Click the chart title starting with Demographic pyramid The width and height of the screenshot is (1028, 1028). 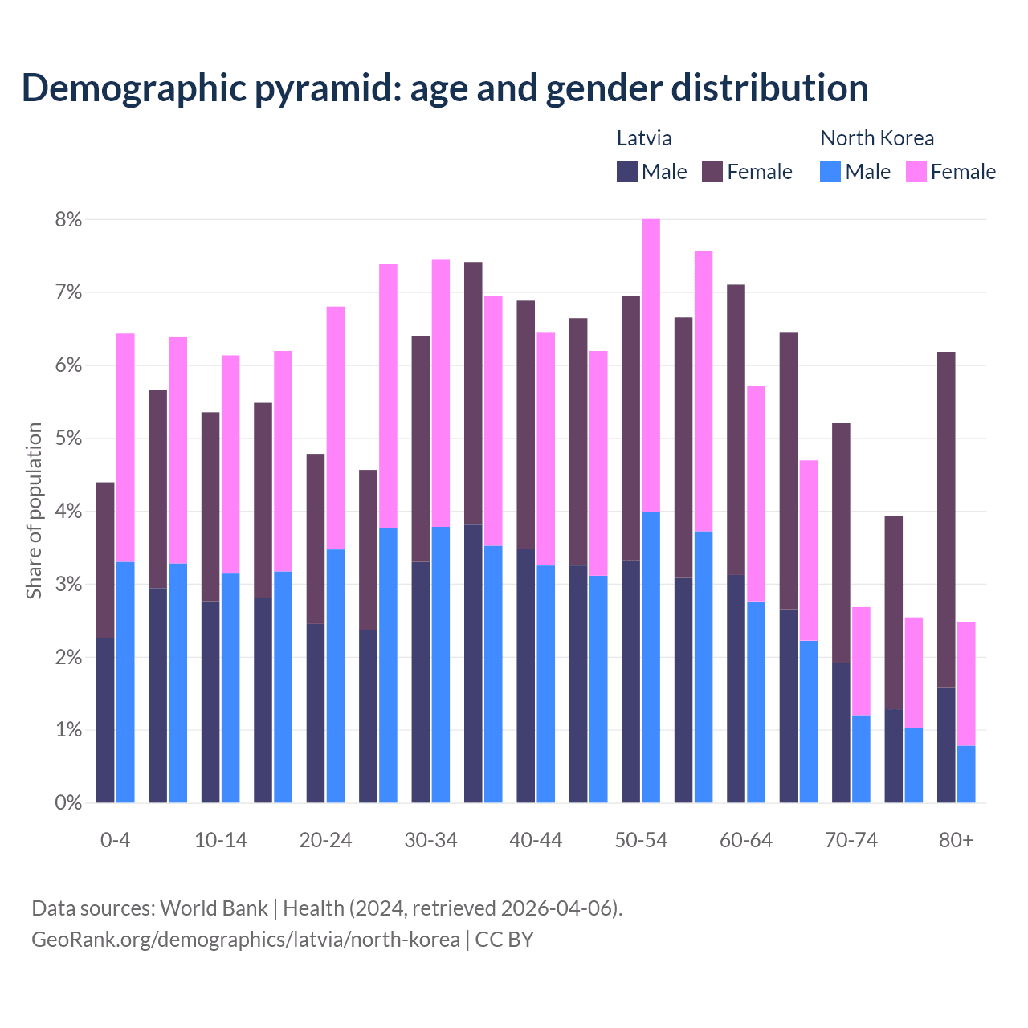[445, 88]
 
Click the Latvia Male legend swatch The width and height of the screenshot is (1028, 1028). [627, 171]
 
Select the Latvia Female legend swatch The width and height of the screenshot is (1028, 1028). [712, 171]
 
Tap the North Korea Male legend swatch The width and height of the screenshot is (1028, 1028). [830, 171]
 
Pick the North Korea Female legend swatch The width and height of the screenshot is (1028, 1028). [916, 171]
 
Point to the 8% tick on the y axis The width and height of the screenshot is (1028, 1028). [68, 219]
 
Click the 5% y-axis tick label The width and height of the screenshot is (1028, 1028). [68, 439]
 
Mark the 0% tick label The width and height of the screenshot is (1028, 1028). [68, 802]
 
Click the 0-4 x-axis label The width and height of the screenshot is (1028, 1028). [115, 840]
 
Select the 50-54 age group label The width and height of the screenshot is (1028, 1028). [641, 840]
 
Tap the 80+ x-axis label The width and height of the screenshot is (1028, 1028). [956, 840]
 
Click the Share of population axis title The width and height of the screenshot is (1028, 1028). [35, 511]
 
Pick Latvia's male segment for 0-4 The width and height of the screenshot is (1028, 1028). [105, 720]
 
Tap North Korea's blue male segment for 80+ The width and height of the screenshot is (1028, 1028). [966, 774]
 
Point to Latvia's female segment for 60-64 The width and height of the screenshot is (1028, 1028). [736, 430]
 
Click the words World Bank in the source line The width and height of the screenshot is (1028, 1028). [214, 908]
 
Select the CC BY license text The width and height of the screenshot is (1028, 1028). [504, 940]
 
